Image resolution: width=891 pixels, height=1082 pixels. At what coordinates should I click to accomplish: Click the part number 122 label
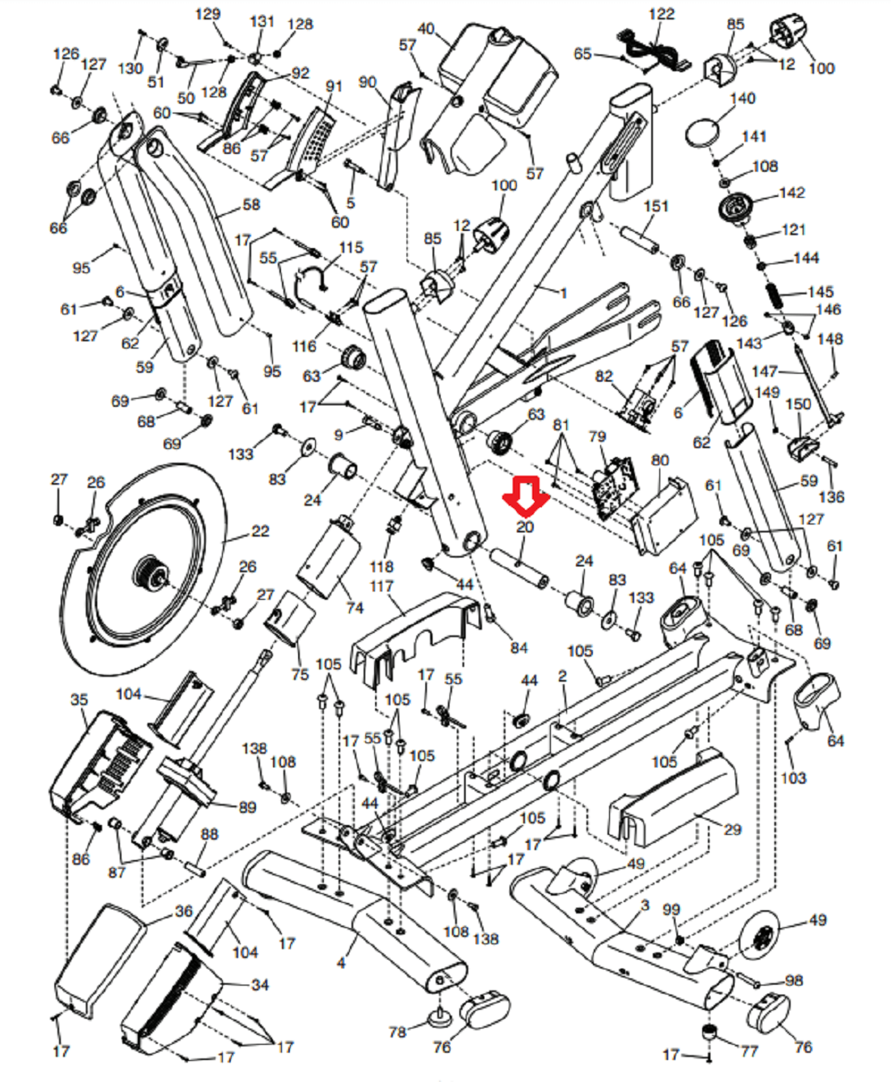[661, 14]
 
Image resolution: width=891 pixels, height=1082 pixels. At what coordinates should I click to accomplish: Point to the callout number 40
[426, 29]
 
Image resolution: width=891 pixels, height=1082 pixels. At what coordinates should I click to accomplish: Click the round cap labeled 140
[702, 131]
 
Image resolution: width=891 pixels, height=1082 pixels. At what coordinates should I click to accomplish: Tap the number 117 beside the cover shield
[382, 585]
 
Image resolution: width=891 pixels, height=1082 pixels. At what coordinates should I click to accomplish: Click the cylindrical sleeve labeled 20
[518, 567]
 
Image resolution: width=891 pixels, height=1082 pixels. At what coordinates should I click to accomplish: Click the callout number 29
[732, 829]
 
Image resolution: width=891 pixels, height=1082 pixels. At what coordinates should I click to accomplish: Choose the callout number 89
[247, 807]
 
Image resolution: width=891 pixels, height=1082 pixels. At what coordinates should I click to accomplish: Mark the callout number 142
[791, 192]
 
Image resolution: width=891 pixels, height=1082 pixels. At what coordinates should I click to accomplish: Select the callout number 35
[79, 699]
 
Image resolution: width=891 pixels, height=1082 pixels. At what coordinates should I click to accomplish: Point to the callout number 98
[794, 981]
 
